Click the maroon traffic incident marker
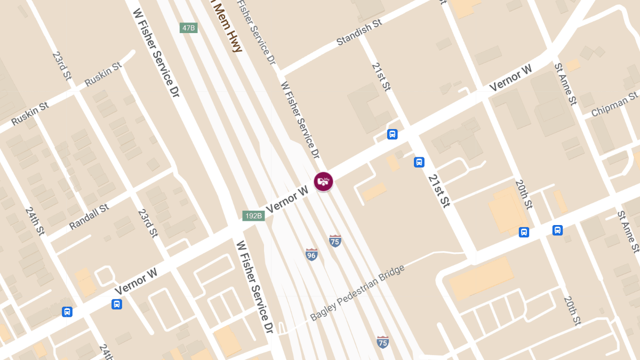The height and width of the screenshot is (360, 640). click(323, 181)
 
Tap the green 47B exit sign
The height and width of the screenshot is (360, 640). click(189, 28)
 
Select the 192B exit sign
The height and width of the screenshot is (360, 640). click(253, 216)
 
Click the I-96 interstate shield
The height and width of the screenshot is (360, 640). click(312, 254)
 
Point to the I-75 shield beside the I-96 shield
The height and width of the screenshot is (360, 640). click(335, 241)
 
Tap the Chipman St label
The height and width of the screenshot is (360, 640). click(615, 105)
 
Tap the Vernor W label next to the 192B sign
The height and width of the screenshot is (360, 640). click(288, 199)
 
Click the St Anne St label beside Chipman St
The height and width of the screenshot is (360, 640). click(565, 84)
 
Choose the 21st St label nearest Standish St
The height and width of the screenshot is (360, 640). click(381, 77)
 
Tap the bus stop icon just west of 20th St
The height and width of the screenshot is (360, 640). click(524, 232)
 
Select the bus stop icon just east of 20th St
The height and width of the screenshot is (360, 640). click(557, 230)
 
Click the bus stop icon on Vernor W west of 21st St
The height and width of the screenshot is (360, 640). click(392, 134)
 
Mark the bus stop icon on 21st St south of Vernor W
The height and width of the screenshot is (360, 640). click(419, 162)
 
